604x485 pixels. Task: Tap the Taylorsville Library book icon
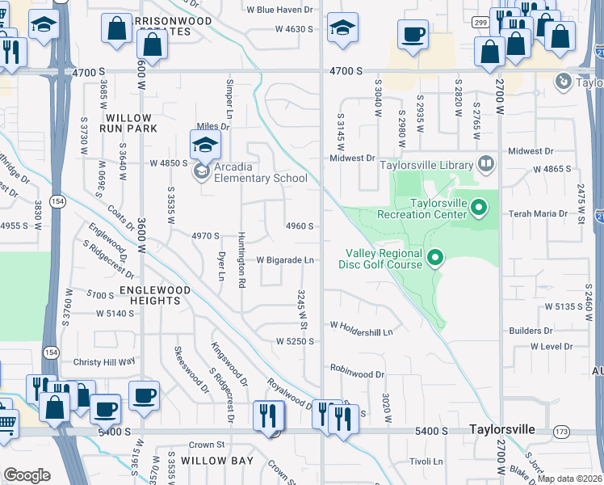(x=485, y=165)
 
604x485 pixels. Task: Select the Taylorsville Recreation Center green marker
(x=479, y=209)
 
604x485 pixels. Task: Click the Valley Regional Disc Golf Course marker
(x=435, y=259)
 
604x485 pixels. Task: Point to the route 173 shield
(x=561, y=432)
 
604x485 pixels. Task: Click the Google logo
(x=27, y=475)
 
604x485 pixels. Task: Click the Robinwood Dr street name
(x=357, y=374)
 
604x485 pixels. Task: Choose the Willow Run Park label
(x=128, y=122)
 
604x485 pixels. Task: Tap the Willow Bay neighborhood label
(x=216, y=460)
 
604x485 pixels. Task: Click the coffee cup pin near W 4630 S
(x=413, y=35)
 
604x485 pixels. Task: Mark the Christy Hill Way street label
(x=104, y=362)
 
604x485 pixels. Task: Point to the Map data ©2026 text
(x=570, y=478)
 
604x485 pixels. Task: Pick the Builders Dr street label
(x=531, y=331)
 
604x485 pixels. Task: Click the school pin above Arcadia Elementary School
(x=205, y=145)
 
